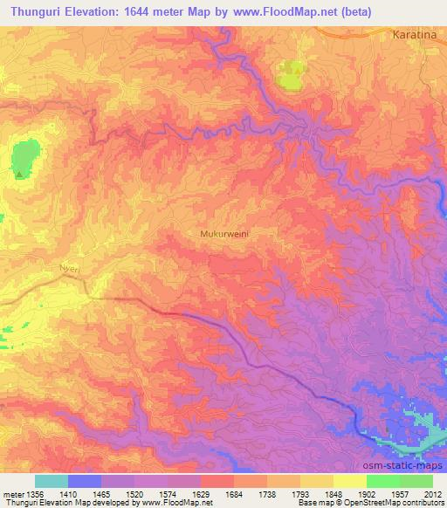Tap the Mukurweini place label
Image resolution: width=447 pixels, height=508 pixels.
225,235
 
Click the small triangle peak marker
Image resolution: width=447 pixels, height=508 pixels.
19,174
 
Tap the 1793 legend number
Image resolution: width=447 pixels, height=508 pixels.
299,493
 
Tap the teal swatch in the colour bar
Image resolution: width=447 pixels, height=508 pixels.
52,480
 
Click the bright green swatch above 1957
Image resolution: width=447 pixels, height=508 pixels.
383,480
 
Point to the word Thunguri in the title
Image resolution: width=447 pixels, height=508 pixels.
34,11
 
